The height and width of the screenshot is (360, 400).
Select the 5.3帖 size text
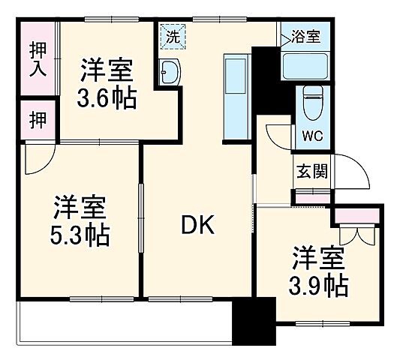click(80, 236)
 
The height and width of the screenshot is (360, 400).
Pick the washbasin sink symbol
click(170, 72)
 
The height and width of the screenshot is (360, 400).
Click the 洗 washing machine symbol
click(173, 35)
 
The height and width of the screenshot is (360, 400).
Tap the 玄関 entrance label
click(309, 171)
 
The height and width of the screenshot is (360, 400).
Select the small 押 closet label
click(37, 119)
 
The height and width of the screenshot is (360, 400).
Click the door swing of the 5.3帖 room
click(38, 158)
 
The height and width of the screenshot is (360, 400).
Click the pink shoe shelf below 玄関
click(310, 197)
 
